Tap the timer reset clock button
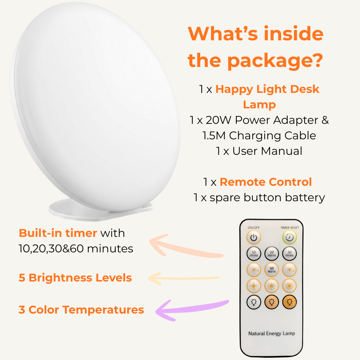(x=289, y=237)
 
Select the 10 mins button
(x=254, y=253)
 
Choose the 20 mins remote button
(x=272, y=253)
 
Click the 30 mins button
(x=289, y=253)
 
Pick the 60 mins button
(x=272, y=270)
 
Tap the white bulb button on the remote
(x=254, y=302)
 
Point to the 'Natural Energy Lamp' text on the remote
(x=271, y=333)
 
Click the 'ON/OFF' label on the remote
(x=253, y=228)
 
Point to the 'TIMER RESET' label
(x=290, y=228)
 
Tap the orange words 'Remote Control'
(x=266, y=182)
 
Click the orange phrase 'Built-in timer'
(x=58, y=233)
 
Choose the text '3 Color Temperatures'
(x=81, y=310)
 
